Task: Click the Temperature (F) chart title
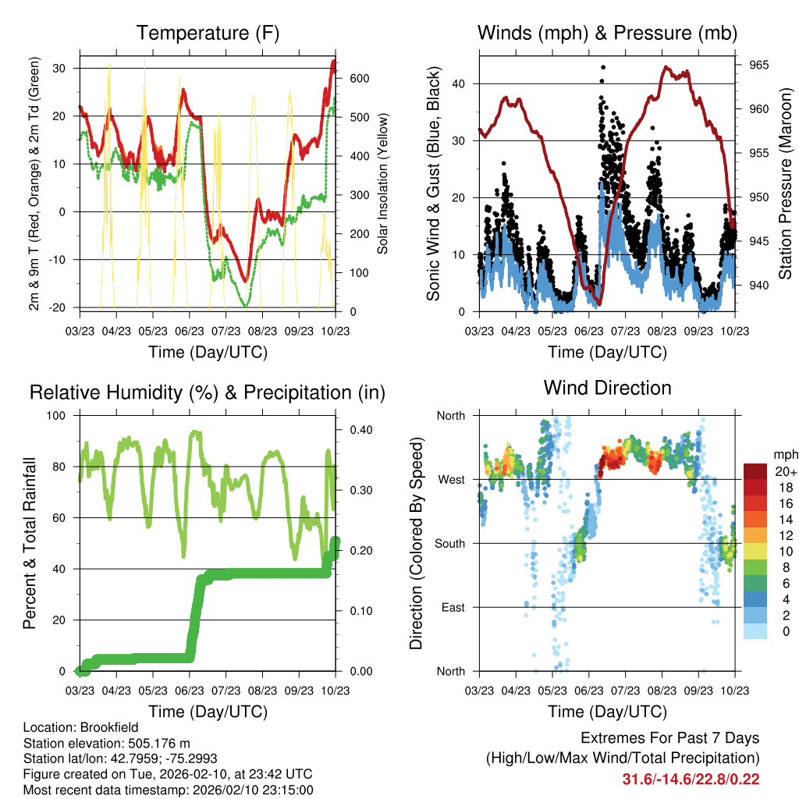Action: click(208, 34)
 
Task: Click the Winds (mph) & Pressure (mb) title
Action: click(607, 34)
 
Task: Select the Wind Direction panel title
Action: click(607, 388)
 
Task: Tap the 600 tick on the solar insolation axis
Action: click(359, 79)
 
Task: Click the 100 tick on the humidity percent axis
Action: click(59, 415)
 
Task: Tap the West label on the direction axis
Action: click(451, 479)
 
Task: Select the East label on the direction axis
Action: click(453, 607)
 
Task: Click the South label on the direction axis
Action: click(449, 543)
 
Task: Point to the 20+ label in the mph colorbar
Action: click(784, 471)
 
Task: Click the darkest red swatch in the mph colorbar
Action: click(755, 471)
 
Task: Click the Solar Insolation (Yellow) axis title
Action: click(383, 183)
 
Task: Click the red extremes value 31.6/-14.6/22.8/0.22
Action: click(691, 779)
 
